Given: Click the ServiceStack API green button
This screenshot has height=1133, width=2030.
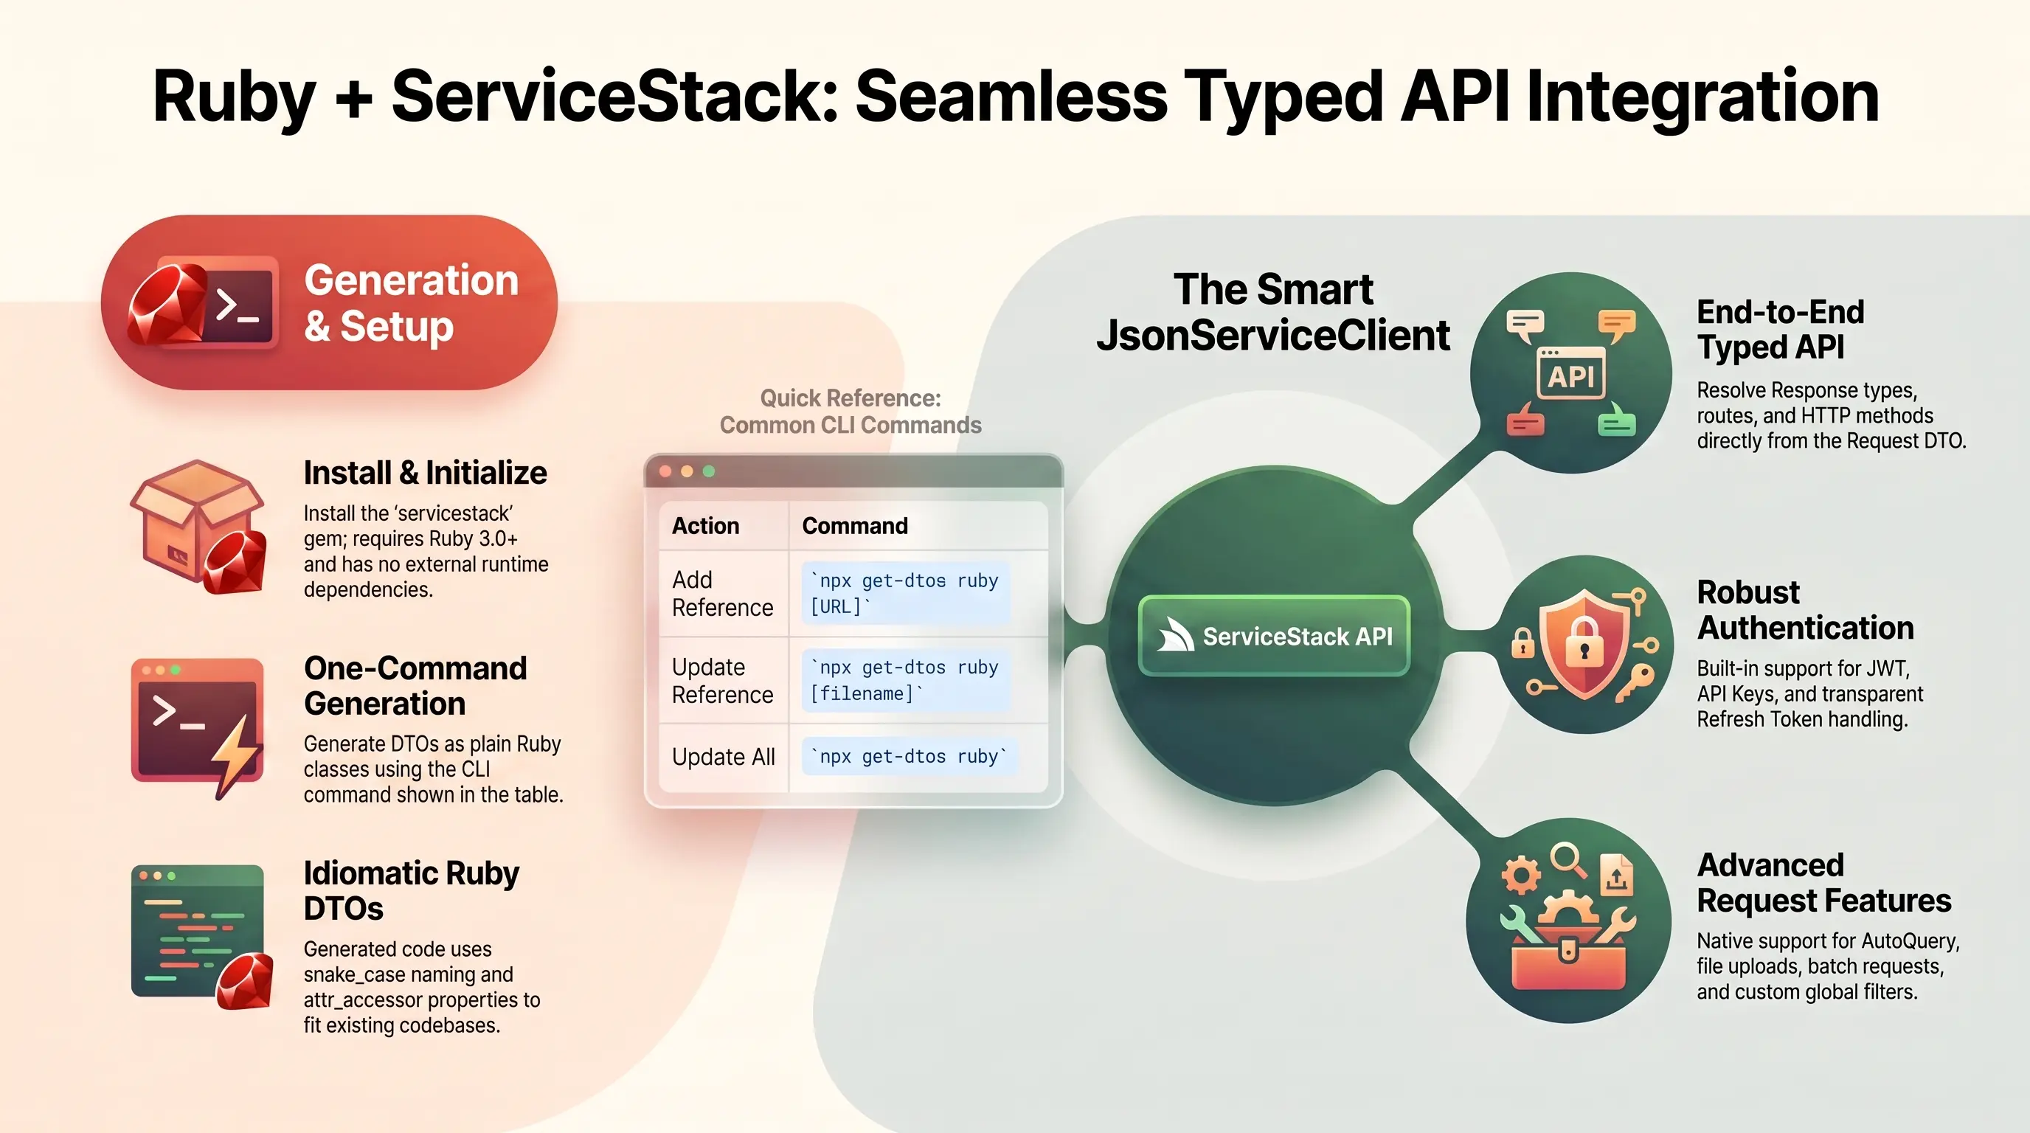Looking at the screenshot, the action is click(x=1273, y=636).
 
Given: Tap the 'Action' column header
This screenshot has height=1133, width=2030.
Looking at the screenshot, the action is click(x=705, y=525).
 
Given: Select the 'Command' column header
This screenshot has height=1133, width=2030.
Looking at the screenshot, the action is click(x=854, y=525).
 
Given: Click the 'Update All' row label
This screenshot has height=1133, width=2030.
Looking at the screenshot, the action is click(x=724, y=756).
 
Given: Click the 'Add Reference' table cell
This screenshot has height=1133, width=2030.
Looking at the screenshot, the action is click(x=723, y=593).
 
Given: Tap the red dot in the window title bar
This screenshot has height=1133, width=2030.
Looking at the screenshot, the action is click(x=665, y=471).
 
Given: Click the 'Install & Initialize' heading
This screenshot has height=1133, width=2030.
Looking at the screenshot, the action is click(x=426, y=473).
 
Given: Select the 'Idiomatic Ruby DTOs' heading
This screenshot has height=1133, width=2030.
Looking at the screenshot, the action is click(x=412, y=890).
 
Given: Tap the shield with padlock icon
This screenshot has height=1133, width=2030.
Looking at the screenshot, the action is click(x=1583, y=644).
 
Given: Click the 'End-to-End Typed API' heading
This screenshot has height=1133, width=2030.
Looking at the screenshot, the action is click(x=1781, y=329).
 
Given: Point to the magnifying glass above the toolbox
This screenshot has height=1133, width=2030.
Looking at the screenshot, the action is click(x=1568, y=859).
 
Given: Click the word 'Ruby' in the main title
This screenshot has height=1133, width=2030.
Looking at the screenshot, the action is click(x=233, y=97).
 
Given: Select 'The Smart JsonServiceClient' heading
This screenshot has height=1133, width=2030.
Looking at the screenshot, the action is click(x=1272, y=312).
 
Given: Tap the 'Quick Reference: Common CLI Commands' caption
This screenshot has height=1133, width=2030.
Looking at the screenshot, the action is click(x=851, y=412).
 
